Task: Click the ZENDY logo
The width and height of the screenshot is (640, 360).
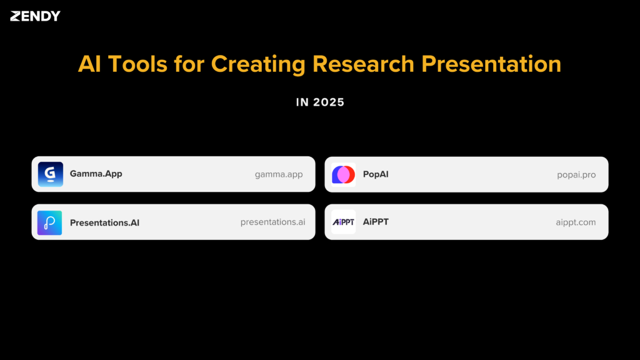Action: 35,16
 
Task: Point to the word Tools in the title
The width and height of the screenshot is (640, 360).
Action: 136,64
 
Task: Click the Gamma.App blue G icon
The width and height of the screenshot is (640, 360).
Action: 50,174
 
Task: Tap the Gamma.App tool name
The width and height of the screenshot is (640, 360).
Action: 96,174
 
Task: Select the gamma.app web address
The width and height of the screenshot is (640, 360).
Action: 279,174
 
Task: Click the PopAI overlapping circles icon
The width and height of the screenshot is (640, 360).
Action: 343,174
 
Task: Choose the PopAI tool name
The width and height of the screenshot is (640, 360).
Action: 376,174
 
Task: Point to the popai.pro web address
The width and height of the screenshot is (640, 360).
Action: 576,174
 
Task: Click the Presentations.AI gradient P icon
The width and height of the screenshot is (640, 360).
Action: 50,222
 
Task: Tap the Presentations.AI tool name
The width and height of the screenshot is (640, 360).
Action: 104,222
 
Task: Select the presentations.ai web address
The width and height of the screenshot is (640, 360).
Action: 273,222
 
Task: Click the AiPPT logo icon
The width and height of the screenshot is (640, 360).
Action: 343,222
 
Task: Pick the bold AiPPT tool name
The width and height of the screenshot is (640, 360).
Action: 376,221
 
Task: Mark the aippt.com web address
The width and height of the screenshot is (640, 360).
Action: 576,222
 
